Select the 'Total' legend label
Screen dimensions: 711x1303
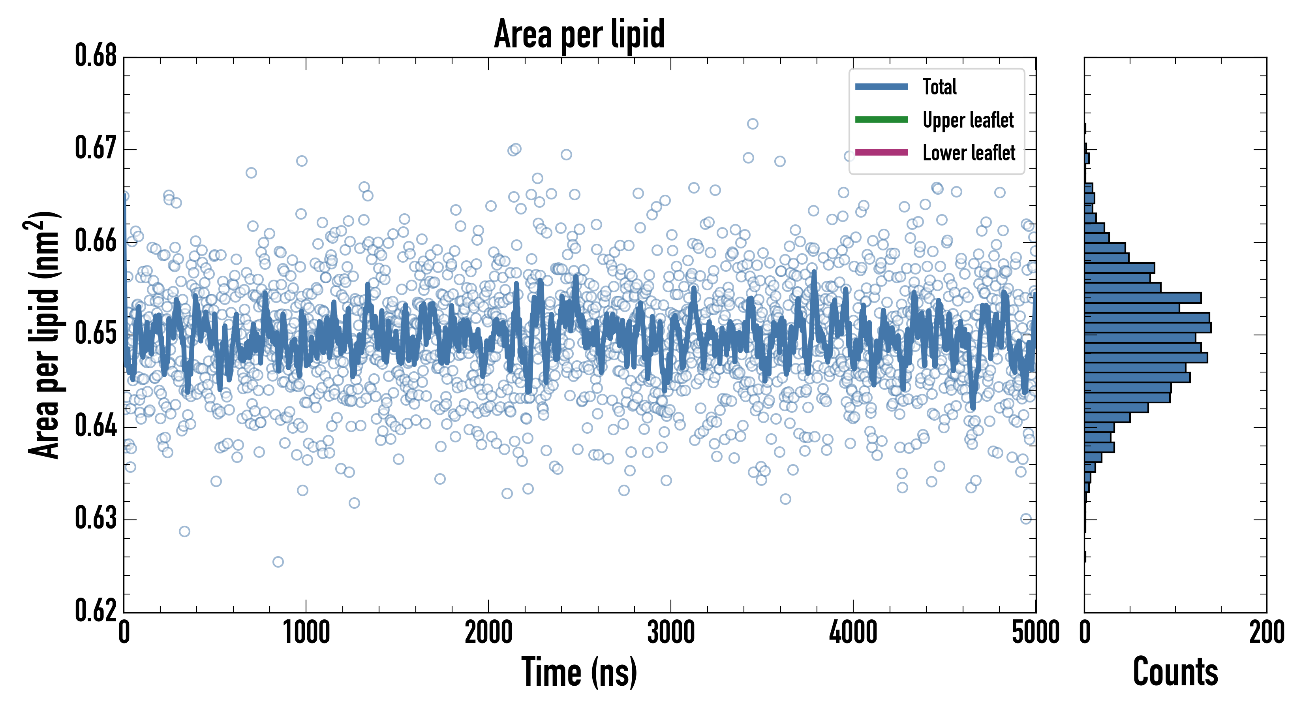pos(939,87)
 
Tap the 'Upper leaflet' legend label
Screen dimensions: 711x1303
pos(968,120)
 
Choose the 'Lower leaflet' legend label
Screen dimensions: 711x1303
pos(969,152)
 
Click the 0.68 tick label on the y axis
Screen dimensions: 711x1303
pos(96,56)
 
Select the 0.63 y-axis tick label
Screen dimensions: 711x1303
pos(96,518)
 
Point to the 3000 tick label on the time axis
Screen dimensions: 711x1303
pos(671,632)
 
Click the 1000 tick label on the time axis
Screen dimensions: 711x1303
pos(306,632)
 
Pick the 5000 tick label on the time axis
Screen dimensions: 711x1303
pos(1035,632)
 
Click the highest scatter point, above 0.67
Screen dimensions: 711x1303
pos(753,124)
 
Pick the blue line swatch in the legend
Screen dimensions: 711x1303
pos(881,87)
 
